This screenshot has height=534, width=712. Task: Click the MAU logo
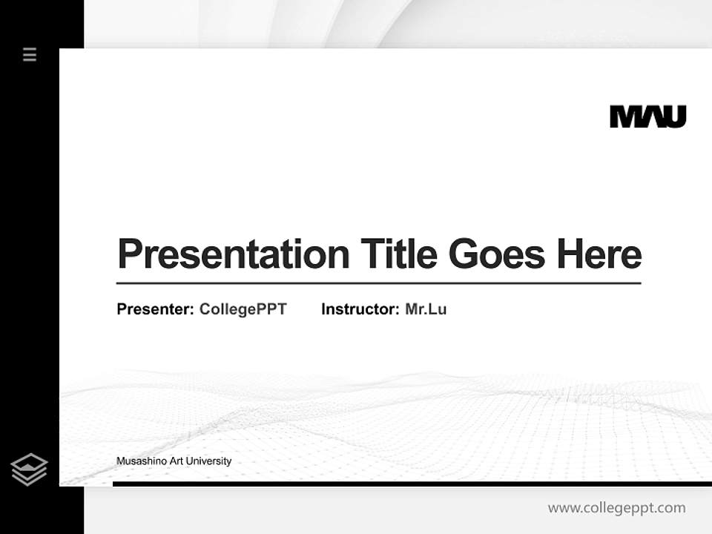(647, 116)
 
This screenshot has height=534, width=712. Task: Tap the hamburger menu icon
(30, 54)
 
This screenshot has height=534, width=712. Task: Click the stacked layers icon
(29, 469)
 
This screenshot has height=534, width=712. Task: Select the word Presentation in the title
(233, 254)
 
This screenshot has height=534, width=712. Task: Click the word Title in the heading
(398, 254)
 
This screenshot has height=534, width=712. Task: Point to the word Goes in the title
(496, 254)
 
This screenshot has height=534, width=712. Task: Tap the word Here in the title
(599, 254)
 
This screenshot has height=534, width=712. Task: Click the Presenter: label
(155, 309)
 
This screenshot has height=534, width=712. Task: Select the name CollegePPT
(243, 309)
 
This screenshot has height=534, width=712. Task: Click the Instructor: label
(360, 309)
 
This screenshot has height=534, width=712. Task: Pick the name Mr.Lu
(426, 309)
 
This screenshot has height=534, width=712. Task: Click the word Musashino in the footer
(142, 461)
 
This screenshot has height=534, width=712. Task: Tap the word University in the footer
(208, 461)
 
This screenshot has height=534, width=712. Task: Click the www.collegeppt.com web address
(616, 508)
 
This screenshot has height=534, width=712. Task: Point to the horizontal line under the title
(378, 283)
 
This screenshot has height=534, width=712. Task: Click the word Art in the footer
(177, 461)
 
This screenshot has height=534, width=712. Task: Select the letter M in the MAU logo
(624, 116)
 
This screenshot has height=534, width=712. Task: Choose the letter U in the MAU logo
(674, 116)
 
